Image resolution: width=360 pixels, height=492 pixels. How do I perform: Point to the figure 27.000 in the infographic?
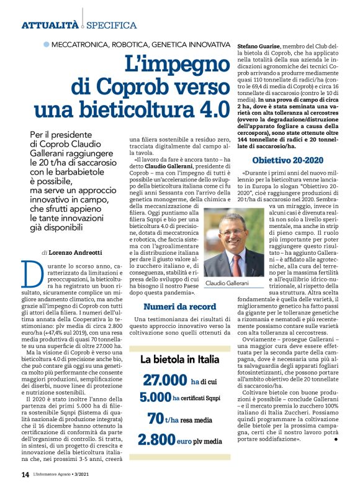coord(165,380)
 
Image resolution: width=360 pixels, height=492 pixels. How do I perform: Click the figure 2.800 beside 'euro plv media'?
coord(156,439)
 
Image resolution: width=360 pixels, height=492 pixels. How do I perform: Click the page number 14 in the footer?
coord(25,475)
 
